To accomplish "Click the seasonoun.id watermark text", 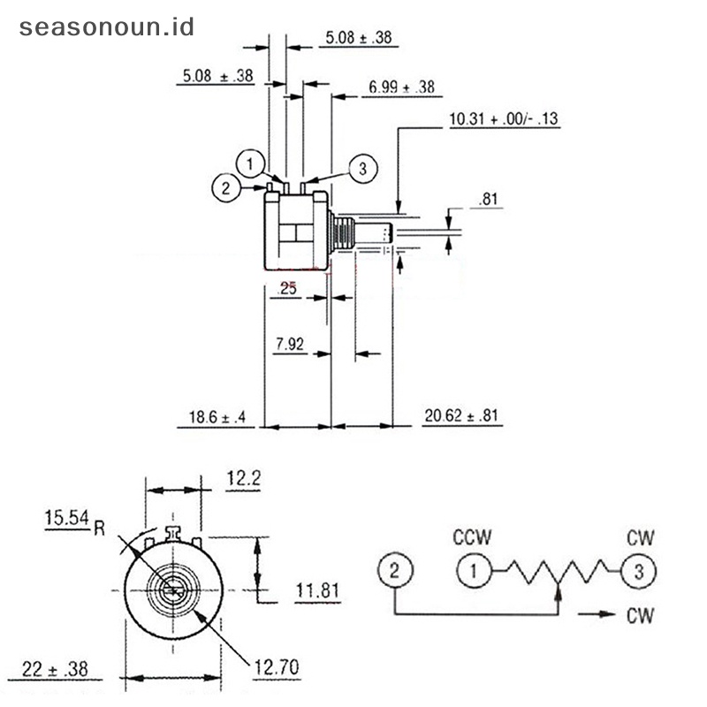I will (105, 26).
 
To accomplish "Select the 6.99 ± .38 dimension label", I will (402, 87).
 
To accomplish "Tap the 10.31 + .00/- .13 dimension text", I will (505, 119).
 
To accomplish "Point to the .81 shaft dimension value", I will (488, 200).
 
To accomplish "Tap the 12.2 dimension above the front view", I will (242, 478).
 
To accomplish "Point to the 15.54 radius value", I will (67, 519).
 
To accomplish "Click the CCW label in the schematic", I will (472, 537).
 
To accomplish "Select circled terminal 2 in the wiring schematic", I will (395, 570).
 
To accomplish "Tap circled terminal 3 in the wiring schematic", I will (638, 570).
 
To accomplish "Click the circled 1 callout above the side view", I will (251, 163).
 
